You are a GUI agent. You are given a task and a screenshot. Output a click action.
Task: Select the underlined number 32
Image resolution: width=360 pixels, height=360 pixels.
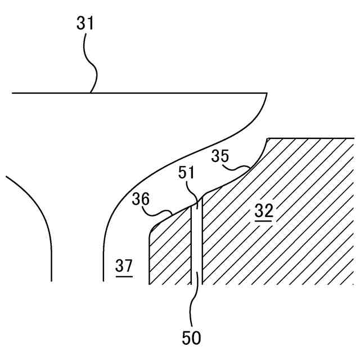[263, 211]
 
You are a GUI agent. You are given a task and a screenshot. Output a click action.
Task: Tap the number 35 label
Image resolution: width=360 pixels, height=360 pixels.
[220, 156]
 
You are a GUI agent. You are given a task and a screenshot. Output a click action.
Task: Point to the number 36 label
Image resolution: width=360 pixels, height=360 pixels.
[141, 199]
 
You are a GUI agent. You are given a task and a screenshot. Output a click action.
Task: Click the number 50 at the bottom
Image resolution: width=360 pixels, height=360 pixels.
[191, 337]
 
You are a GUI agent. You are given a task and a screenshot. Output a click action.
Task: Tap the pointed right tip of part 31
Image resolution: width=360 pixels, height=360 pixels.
[266, 93]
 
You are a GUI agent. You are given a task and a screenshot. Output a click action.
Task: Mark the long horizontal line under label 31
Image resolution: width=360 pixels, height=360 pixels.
[169, 92]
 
